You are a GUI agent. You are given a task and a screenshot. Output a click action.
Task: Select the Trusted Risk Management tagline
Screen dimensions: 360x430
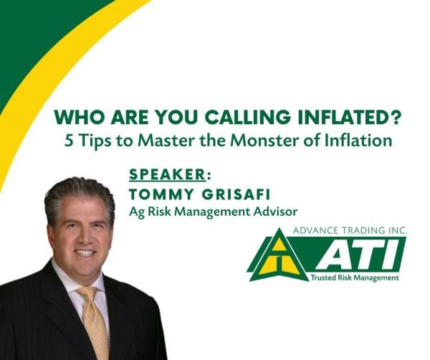[354, 277]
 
